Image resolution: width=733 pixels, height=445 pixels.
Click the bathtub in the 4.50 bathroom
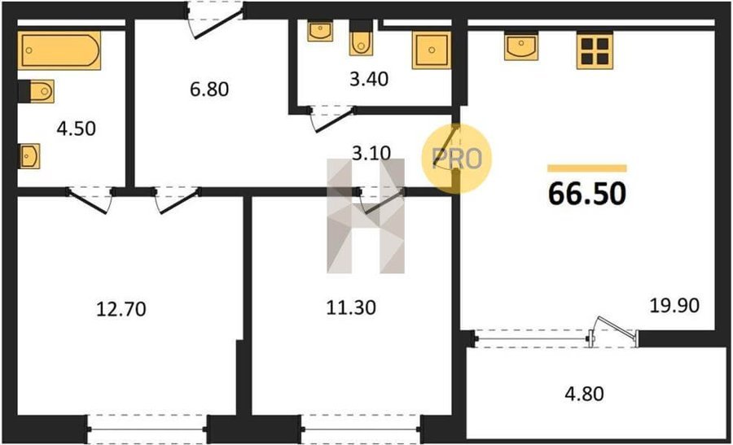tap(59, 50)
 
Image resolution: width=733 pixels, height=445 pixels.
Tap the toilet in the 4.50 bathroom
tap(37, 91)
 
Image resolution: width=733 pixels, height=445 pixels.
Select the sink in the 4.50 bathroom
tap(29, 156)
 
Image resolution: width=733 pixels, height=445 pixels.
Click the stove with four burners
tap(595, 50)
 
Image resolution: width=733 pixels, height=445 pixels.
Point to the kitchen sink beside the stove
tap(521, 46)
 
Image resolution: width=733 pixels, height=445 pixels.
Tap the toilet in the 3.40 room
tap(361, 37)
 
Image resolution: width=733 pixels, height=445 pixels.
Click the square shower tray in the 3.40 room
tap(432, 50)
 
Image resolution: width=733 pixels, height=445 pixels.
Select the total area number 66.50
tap(587, 194)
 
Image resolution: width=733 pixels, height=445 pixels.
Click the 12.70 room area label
tap(121, 309)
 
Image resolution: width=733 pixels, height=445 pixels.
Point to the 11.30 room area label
tap(350, 308)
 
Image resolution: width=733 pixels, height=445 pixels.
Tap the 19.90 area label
tap(674, 305)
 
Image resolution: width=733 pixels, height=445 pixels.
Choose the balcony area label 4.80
tap(584, 394)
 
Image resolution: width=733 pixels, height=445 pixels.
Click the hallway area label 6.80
tap(209, 89)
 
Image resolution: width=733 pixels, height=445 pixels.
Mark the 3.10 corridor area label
tap(371, 153)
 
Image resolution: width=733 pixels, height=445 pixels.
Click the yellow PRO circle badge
tap(457, 159)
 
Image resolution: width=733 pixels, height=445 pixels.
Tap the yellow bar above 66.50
tap(587, 168)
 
